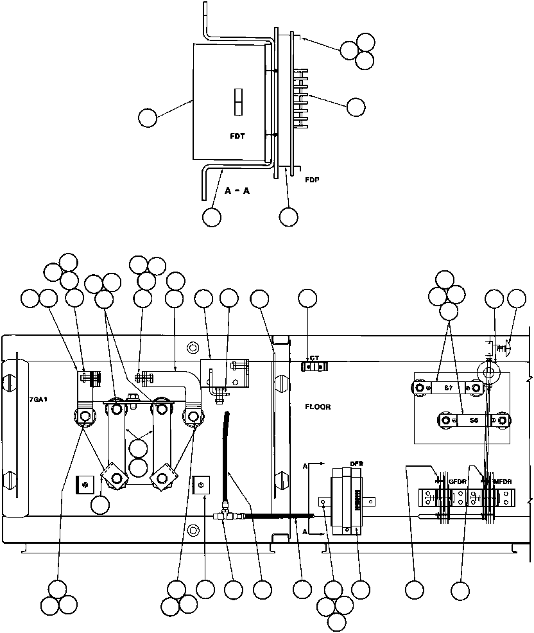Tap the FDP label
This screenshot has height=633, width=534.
[x=312, y=180]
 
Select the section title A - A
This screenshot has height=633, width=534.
[x=237, y=191]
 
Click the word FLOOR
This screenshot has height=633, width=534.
[x=318, y=406]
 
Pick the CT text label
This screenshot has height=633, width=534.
[x=314, y=358]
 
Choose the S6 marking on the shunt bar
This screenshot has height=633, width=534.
[x=473, y=421]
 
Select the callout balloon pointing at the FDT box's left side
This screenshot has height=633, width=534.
[x=148, y=117]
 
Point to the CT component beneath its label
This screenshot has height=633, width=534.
[x=314, y=366]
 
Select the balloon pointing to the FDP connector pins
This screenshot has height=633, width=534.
[x=356, y=107]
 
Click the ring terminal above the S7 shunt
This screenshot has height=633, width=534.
[x=488, y=371]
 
